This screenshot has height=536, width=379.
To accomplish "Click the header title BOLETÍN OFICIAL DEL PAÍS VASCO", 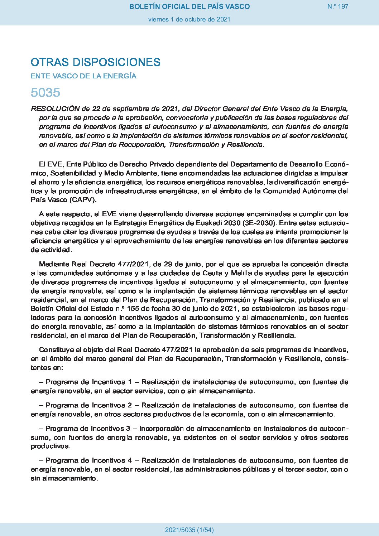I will click(189, 6).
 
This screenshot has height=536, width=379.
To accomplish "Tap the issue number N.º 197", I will click(337, 6).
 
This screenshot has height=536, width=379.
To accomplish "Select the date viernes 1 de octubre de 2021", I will click(189, 19).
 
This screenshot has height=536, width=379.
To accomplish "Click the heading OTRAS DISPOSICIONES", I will click(96, 62).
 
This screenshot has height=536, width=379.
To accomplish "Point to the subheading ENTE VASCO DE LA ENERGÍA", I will click(83, 76).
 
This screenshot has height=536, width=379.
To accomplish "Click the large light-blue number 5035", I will click(45, 93).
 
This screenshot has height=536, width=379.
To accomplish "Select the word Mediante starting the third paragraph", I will click(54, 264).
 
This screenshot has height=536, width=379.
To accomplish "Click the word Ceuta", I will click(213, 273).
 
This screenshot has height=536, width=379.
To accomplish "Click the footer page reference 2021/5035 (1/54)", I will click(189, 530).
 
